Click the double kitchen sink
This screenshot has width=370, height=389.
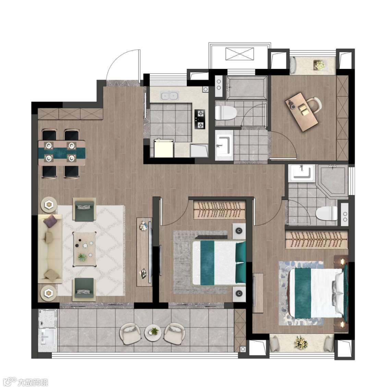tap(170, 95)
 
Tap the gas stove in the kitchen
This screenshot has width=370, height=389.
tap(200, 119)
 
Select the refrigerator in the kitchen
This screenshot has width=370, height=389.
tap(163, 148)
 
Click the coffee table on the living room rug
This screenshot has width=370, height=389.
tap(84, 249)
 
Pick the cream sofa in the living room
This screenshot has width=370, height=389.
tap(50, 249)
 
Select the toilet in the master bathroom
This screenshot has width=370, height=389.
tap(326, 213)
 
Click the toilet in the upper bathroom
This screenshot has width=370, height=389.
tap(225, 113)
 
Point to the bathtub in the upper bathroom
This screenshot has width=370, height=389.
tap(247, 87)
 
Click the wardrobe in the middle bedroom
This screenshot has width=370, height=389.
tap(219, 210)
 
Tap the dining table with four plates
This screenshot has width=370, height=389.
tap(62, 153)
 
